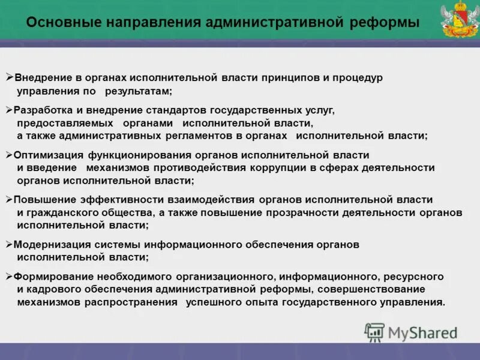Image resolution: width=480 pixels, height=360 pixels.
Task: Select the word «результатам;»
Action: pos(139,91)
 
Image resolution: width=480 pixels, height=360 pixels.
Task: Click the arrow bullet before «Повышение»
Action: pos(8,199)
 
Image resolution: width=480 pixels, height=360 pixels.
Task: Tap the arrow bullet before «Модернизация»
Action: pos(8,244)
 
